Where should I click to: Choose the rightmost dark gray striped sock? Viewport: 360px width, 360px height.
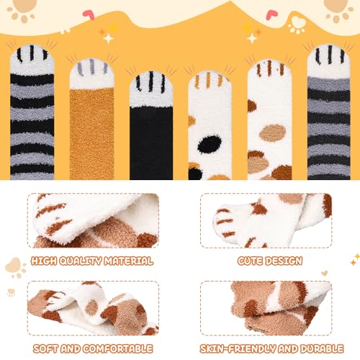coord(328,115)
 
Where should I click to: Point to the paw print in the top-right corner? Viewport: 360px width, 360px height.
coord(339,9)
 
